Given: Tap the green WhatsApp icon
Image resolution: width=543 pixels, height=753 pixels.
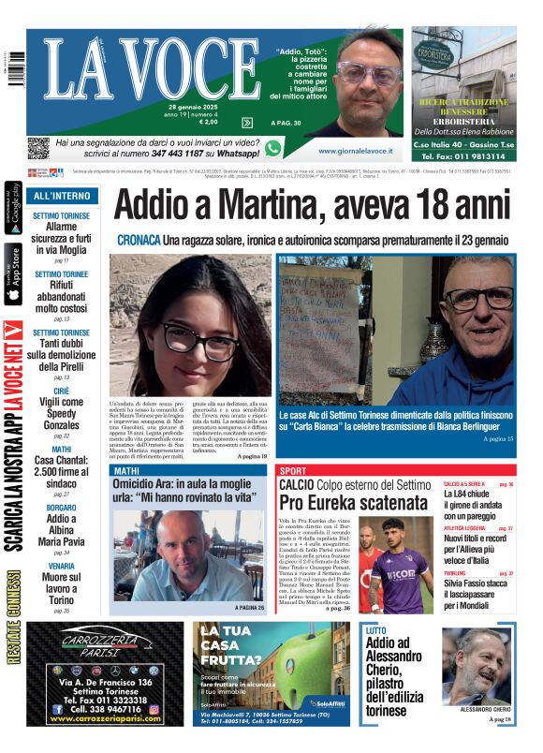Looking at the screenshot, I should [x=273, y=148].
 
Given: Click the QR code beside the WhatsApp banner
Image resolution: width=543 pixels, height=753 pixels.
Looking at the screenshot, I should [x=37, y=148].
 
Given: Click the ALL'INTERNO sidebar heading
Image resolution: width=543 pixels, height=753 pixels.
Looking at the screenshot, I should [x=62, y=197].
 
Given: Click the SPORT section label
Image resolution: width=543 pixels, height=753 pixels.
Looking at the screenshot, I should [x=293, y=470].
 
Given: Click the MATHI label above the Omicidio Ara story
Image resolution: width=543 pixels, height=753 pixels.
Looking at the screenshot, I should [x=126, y=470].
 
